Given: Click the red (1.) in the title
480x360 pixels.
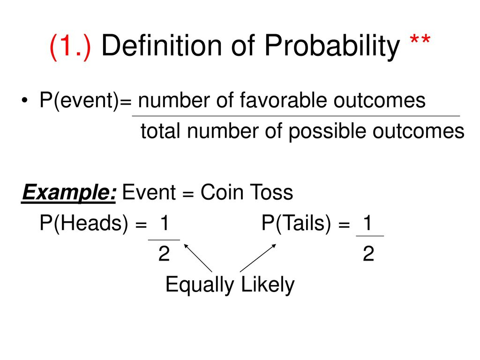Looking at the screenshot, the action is point(70,46).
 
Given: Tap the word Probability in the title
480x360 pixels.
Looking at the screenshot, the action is point(332,46).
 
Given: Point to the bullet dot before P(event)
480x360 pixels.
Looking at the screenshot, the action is point(24,100).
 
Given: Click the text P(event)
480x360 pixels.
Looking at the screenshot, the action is point(79,100).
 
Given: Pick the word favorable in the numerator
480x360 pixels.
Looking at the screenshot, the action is point(283,100).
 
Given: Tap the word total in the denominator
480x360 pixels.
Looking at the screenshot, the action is point(160,131).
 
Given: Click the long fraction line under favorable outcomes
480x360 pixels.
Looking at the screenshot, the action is point(296,116).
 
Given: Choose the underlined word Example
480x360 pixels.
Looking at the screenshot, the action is point(69,193).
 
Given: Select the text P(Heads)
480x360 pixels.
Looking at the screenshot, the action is point(84,223).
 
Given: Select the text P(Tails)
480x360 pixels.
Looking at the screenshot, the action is point(296,223).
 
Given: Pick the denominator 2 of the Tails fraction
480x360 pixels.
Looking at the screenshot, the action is point(368,254).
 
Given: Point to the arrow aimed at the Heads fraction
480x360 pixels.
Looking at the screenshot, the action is point(198,258).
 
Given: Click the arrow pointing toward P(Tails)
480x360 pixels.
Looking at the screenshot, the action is point(258,258).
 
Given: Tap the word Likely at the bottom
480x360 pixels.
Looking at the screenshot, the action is point(268,285).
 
